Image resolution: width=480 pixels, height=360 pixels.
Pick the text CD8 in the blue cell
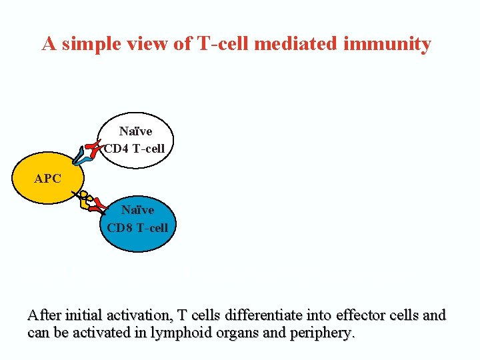pos(120,227)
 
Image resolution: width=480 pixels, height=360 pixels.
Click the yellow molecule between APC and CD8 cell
pos(85,200)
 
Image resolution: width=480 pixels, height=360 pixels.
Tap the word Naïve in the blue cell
pos(137,211)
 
